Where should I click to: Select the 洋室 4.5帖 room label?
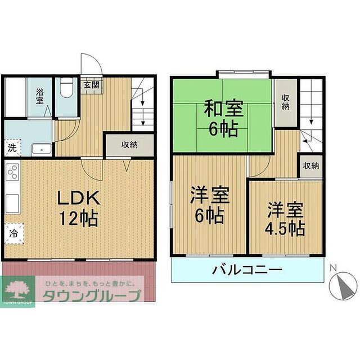point(286,219)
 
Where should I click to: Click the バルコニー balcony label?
point(247,270)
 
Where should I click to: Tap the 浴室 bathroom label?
point(40,96)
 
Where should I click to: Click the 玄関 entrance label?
point(92,85)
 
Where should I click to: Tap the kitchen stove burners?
point(12,173)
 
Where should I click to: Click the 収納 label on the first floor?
point(130,144)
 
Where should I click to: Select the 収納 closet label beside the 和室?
point(286,102)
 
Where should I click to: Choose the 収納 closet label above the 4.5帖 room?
point(310,165)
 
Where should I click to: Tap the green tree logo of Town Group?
point(18,288)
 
